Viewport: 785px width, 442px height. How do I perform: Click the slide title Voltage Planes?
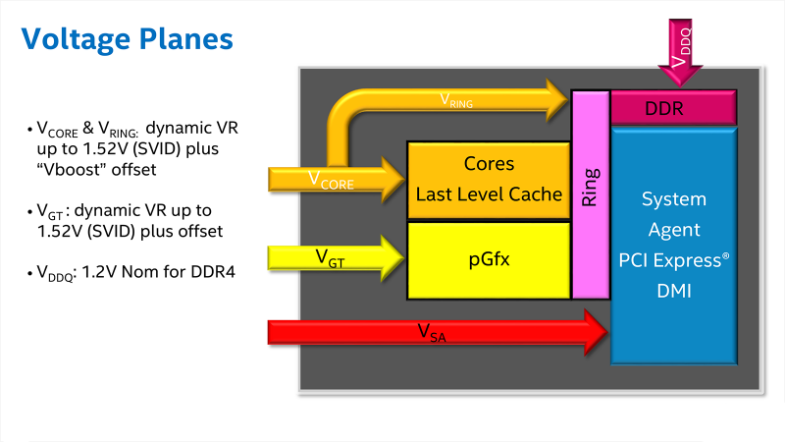coord(128,39)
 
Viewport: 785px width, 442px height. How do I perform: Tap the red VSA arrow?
coord(438,332)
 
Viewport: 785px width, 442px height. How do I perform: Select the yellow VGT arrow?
coord(336,258)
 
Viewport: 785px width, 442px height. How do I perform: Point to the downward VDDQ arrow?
coord(680,52)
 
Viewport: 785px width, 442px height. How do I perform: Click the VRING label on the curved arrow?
coord(456,101)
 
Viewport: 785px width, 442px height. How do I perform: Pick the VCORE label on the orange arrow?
coord(331,181)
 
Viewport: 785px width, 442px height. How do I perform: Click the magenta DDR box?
coord(674,108)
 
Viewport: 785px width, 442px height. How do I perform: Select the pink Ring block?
coord(591,194)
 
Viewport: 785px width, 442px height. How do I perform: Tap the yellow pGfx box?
coord(489,260)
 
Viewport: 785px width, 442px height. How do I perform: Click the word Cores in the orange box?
coord(489,164)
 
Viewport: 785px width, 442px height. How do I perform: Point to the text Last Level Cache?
coord(489,194)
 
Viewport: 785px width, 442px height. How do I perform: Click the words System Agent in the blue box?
coord(674,214)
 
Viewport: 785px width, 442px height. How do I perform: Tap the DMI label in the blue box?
coord(674,291)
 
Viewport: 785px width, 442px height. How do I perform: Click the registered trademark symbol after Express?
coord(725,256)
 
